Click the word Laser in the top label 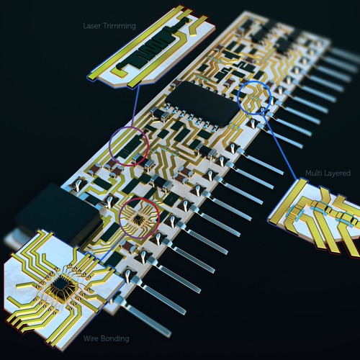pos(92,26)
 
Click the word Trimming pos(120,26)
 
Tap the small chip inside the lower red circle pos(138,218)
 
